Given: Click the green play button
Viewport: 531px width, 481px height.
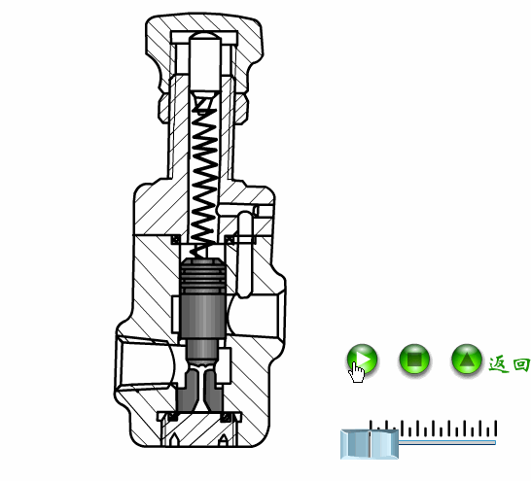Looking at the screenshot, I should tap(362, 360).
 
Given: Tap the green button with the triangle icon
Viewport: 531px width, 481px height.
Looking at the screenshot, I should tap(467, 361).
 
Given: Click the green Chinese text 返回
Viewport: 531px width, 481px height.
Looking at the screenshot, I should tap(509, 364).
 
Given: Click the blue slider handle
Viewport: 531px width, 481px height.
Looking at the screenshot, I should tap(369, 443).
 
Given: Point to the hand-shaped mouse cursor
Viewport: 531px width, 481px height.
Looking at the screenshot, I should tap(358, 372).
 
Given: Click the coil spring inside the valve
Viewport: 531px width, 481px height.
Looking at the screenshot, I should tap(204, 180).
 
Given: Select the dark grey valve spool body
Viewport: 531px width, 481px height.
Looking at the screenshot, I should tap(203, 316).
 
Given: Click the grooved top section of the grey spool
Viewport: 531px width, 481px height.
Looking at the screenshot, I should tap(203, 278).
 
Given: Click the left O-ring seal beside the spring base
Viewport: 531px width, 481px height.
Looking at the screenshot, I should tap(176, 239).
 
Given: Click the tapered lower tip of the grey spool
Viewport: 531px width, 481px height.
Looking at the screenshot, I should tap(202, 389).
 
